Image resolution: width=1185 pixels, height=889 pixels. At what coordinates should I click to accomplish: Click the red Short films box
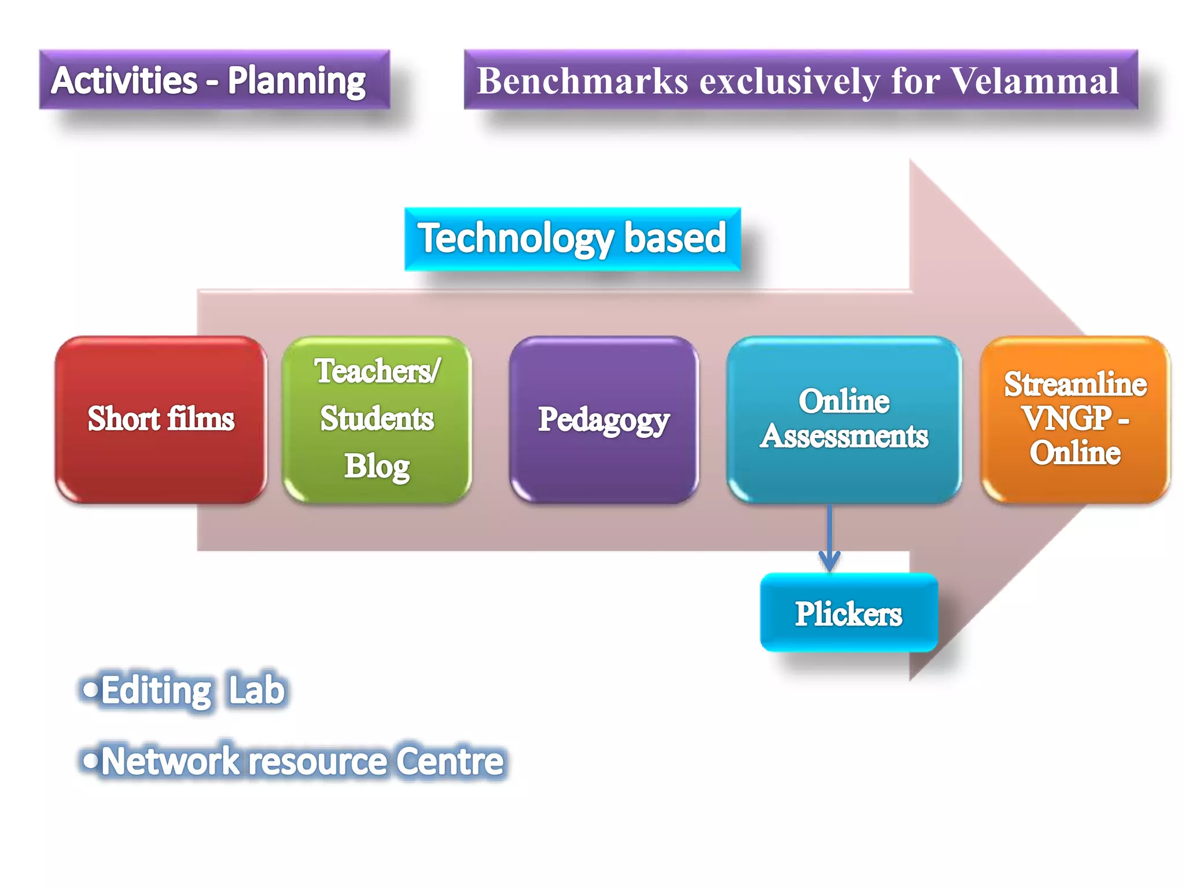(x=161, y=419)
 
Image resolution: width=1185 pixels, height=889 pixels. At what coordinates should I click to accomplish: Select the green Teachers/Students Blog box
(x=377, y=419)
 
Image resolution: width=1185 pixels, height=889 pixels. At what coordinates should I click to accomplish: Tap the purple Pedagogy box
(x=603, y=419)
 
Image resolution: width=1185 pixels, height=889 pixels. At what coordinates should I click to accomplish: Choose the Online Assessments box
(x=844, y=419)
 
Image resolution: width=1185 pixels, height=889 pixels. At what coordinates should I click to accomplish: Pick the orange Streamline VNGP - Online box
(x=1075, y=419)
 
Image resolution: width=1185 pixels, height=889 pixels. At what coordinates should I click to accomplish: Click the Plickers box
(x=848, y=613)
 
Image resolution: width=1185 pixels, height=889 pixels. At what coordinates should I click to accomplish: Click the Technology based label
(x=572, y=238)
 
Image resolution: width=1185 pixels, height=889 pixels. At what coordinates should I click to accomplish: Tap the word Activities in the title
(x=124, y=80)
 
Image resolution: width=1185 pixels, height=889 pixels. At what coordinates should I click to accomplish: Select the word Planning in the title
(x=296, y=80)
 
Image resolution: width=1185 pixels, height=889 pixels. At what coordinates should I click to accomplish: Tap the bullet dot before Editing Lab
(x=90, y=689)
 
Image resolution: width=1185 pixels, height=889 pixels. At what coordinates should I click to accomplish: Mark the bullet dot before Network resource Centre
(x=90, y=760)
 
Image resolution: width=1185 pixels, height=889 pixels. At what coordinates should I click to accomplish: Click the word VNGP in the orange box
(x=1066, y=418)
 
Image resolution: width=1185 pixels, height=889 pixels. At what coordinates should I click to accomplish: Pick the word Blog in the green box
(x=377, y=466)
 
